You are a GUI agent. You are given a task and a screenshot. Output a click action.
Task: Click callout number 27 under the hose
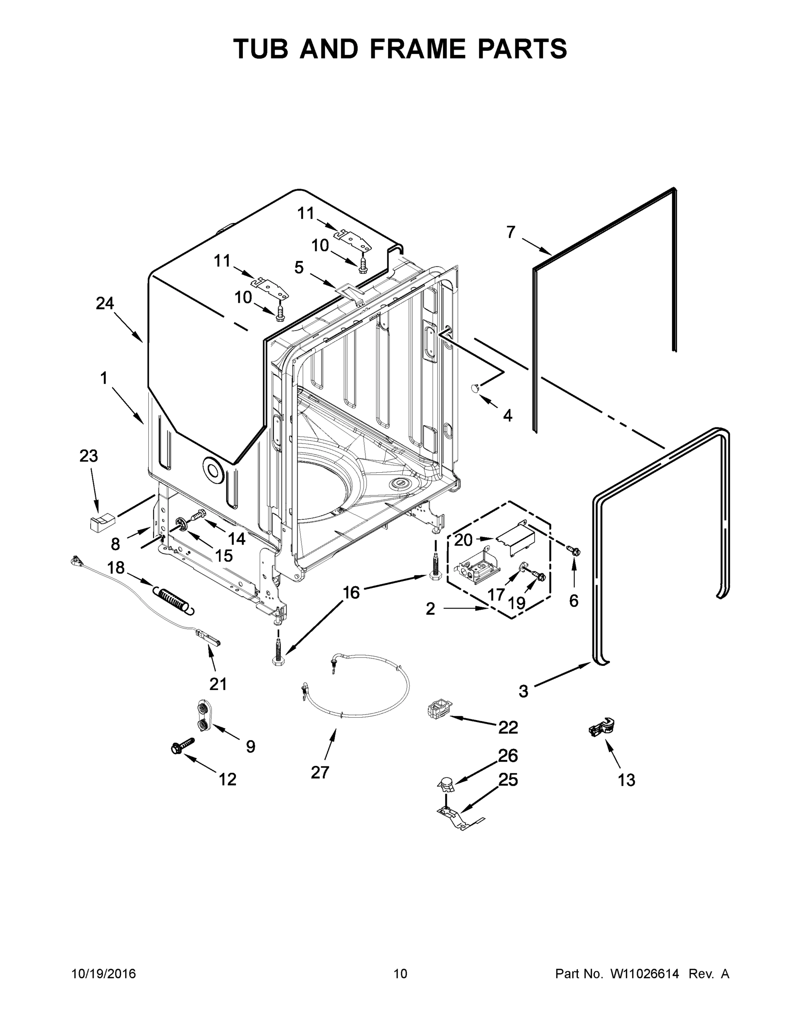(x=320, y=772)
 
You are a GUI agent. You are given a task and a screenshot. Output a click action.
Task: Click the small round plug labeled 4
(x=475, y=388)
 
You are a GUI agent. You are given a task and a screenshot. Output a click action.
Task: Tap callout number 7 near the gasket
(x=511, y=232)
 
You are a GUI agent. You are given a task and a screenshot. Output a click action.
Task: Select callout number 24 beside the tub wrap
(x=105, y=303)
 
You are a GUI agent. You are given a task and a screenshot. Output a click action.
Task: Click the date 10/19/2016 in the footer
(x=104, y=974)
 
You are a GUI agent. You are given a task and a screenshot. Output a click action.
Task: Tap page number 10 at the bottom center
(x=400, y=974)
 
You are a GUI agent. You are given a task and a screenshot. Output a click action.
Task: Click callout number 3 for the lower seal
(x=523, y=691)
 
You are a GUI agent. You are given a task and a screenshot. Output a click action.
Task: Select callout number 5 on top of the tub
(x=298, y=267)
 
